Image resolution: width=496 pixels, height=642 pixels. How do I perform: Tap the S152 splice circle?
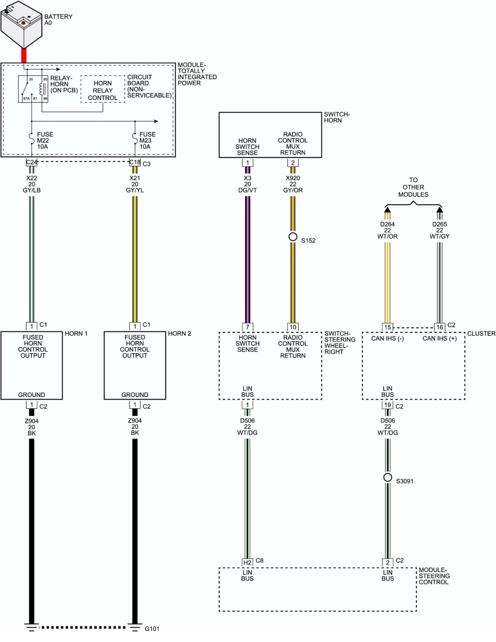[x=293, y=236]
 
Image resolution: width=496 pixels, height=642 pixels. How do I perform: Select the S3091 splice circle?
[x=388, y=477]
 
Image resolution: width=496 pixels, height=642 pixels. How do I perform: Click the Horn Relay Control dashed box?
[x=103, y=89]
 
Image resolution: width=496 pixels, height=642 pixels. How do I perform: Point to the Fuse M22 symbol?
[x=32, y=139]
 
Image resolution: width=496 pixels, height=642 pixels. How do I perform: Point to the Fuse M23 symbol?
[x=135, y=139]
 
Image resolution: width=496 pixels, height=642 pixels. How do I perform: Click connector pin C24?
[x=31, y=162]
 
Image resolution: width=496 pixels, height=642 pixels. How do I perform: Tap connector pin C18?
[x=135, y=162]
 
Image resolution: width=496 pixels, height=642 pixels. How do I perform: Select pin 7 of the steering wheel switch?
[x=247, y=327]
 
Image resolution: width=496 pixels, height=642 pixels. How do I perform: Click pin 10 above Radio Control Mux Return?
[x=293, y=327]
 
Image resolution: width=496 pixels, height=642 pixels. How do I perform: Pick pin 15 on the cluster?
[x=388, y=327]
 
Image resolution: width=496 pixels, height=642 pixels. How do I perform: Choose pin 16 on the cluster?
[x=440, y=327]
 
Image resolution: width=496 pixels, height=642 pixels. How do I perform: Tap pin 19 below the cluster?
[x=388, y=405]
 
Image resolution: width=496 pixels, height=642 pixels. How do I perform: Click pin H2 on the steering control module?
[x=247, y=562]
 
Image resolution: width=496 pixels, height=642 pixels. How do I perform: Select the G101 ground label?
[x=152, y=629]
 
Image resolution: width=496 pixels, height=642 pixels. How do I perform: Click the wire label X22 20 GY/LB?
[x=32, y=184]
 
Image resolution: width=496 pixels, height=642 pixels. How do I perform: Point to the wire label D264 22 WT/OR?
[x=388, y=230]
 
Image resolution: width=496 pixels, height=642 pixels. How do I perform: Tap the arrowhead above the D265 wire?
[x=440, y=209]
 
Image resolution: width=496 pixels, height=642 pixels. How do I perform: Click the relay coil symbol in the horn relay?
[x=41, y=89]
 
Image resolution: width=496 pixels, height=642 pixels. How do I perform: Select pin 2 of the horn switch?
[x=293, y=162]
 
